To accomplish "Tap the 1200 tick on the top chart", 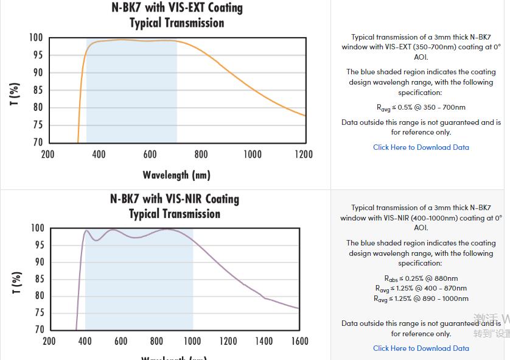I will click(304, 155).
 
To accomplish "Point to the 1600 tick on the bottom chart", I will click(299, 341).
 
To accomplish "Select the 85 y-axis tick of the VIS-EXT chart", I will click(37, 90).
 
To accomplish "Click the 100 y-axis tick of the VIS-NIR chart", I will click(37, 228).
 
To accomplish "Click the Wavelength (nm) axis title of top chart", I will click(176, 175).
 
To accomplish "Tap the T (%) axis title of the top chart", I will click(15, 94).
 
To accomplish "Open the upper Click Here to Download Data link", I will click(421, 147).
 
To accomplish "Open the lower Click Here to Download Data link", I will click(421, 348).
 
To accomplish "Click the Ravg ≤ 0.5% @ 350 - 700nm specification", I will click(421, 108).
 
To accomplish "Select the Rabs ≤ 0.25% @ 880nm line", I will click(421, 279).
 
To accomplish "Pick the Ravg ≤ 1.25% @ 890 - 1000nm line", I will click(421, 298).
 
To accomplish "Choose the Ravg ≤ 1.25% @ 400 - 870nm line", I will click(421, 289).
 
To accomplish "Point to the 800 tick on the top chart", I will click(201, 155).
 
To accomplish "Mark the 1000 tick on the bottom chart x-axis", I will click(192, 341).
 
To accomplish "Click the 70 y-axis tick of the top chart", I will click(37, 143).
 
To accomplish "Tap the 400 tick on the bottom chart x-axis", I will click(85, 341).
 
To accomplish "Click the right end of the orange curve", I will click(304, 115).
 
